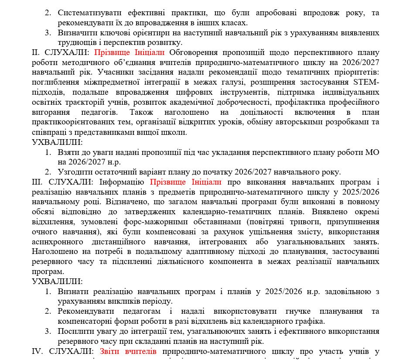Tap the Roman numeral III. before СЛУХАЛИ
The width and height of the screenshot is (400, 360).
(x=38, y=182)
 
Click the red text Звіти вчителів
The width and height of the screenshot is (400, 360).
(x=128, y=351)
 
